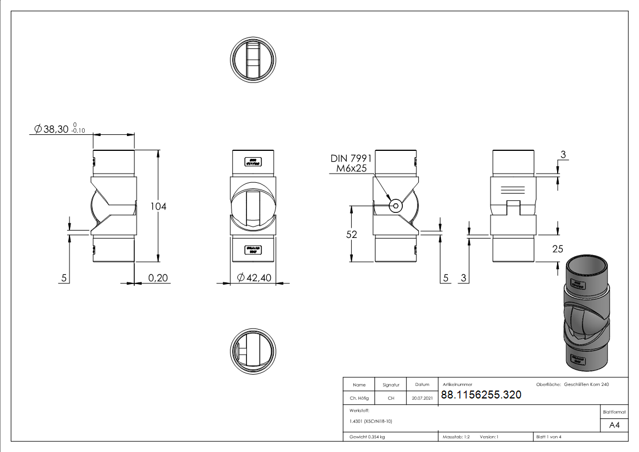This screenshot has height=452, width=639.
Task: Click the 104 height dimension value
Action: tap(158, 206)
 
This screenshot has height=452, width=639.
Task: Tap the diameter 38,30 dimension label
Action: tap(56, 129)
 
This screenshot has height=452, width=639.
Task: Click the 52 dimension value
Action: tap(351, 234)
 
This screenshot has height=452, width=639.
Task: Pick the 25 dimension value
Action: tap(558, 248)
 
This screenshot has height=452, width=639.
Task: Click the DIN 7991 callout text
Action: tap(351, 158)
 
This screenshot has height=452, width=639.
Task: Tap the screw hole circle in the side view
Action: tap(395, 206)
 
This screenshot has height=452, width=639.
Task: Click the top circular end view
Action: tap(253, 60)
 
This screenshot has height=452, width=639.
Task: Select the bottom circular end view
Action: tap(253, 351)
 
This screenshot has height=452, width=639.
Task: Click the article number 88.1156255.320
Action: tap(481, 395)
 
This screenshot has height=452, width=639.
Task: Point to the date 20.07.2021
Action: tap(422, 398)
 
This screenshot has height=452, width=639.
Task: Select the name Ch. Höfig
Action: tap(359, 398)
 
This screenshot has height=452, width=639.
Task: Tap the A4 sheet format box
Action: tap(615, 425)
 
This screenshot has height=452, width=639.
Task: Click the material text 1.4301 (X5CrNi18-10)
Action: tap(370, 421)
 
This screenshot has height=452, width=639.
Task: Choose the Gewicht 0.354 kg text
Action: tap(367, 437)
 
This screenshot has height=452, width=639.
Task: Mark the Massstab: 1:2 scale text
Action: tap(456, 437)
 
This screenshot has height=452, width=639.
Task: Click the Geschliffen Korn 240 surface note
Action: tap(586, 385)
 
